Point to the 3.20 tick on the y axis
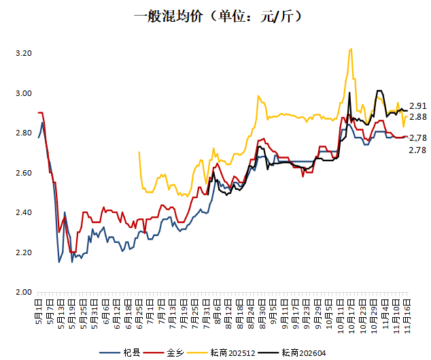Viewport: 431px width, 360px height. pyautogui.click(x=23, y=53)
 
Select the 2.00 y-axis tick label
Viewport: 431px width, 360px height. pyautogui.click(x=23, y=293)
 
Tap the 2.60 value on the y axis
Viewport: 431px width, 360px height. pyautogui.click(x=23, y=173)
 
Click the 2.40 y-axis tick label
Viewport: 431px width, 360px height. pyautogui.click(x=23, y=213)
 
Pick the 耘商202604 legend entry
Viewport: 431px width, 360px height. pyautogui.click(x=302, y=352)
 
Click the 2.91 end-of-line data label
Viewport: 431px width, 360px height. pyautogui.click(x=417, y=106)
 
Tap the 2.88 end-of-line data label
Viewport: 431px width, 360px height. pyautogui.click(x=417, y=117)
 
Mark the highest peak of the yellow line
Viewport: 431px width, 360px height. pyautogui.click(x=350, y=49)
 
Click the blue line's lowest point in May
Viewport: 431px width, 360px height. pyautogui.click(x=59, y=262)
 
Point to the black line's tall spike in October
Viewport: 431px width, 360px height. pyautogui.click(x=349, y=93)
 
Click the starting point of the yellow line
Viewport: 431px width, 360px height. pyautogui.click(x=139, y=152)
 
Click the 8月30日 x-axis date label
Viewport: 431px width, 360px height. pyautogui.click(x=261, y=310)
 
